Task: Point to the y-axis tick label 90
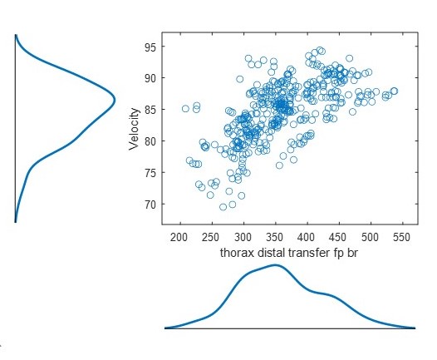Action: [150, 78]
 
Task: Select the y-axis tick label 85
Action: [150, 110]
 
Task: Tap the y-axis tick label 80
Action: [150, 141]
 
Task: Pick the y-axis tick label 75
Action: [150, 173]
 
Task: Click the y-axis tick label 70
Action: [150, 205]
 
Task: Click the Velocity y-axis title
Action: [133, 131]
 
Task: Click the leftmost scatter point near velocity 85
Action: [185, 109]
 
